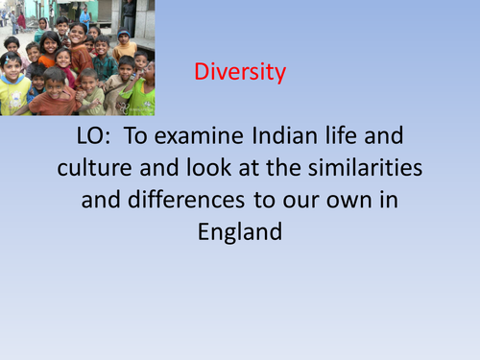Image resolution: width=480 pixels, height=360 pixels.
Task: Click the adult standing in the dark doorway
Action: tap(128, 13)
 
